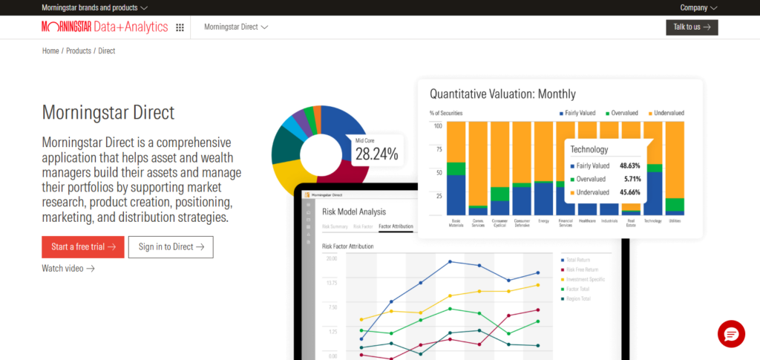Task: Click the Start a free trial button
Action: pos(83,247)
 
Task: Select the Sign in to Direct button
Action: pos(171,247)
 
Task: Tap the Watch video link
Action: pos(68,268)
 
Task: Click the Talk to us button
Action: pos(692,27)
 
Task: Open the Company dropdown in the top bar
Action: pos(698,8)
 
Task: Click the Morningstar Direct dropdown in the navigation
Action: pos(235,27)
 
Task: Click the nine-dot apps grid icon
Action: pos(180,27)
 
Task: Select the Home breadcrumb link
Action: pos(50,51)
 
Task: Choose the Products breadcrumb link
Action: pos(79,51)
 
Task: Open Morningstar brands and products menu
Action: pos(95,8)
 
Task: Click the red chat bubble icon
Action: pos(730,334)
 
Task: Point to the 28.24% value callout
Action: pos(376,154)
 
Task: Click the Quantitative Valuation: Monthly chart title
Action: pos(502,94)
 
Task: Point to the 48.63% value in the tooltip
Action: pos(630,166)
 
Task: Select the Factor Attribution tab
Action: pos(396,226)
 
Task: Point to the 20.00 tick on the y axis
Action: pos(331,258)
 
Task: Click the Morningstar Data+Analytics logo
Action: pos(105,27)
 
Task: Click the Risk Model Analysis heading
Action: pos(354,212)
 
